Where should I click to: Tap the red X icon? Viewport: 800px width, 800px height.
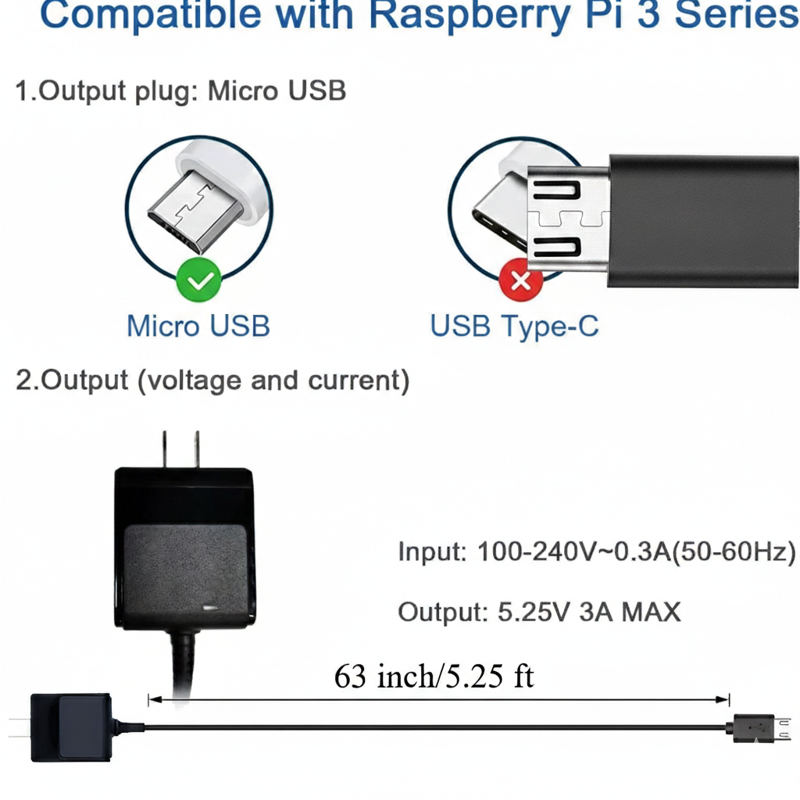(521, 280)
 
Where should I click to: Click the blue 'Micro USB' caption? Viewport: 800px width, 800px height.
(198, 325)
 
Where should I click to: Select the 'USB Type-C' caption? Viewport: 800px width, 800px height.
(515, 325)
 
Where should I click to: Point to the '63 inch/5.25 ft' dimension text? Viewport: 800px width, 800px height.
(434, 677)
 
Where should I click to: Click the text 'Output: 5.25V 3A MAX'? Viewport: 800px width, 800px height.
(539, 612)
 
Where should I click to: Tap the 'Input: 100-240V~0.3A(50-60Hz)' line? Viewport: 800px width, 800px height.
(597, 552)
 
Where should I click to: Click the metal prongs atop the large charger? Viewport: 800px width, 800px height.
(180, 449)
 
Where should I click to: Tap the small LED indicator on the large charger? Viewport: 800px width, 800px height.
(209, 606)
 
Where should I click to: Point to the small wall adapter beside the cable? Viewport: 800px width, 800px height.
(70, 727)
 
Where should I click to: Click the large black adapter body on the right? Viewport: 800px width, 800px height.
(703, 221)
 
